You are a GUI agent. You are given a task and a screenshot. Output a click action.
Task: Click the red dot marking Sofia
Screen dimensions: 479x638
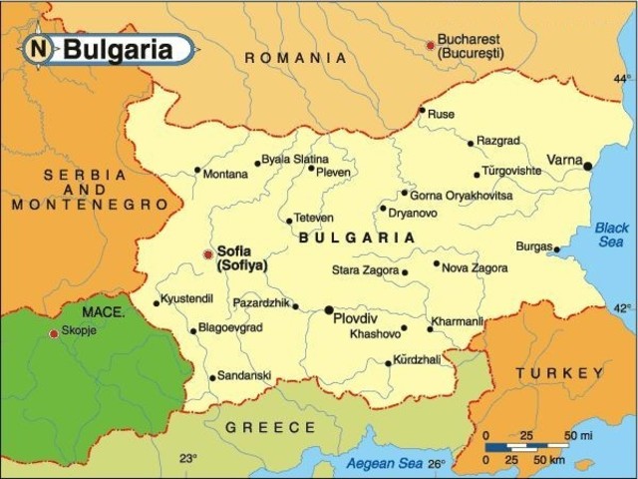point(207,253)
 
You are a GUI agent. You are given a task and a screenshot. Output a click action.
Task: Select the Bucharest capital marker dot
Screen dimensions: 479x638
point(431,45)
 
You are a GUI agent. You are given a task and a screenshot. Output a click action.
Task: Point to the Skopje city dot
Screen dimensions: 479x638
point(54,333)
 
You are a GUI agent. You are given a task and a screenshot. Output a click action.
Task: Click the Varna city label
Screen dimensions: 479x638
point(564,160)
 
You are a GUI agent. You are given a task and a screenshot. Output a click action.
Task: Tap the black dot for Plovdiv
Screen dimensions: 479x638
point(328,310)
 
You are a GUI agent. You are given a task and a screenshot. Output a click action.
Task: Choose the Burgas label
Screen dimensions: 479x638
point(533,245)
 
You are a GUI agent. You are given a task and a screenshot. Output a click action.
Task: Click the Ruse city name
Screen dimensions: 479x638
point(441,114)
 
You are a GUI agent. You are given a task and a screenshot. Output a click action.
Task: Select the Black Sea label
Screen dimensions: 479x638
point(612,235)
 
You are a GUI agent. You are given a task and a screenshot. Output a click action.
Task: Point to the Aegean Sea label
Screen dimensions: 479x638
point(384,462)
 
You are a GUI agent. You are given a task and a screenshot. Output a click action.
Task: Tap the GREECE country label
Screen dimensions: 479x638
point(270,427)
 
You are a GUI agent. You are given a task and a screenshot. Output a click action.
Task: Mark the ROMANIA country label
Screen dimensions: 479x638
point(296,58)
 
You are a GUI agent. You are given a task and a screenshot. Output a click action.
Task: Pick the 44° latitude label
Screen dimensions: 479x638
point(622,78)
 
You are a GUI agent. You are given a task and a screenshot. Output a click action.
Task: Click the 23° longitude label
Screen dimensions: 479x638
point(188,459)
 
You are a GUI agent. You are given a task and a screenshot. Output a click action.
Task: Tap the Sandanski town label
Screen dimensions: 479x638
point(245,375)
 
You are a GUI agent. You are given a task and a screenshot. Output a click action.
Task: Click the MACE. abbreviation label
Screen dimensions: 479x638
point(104,312)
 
